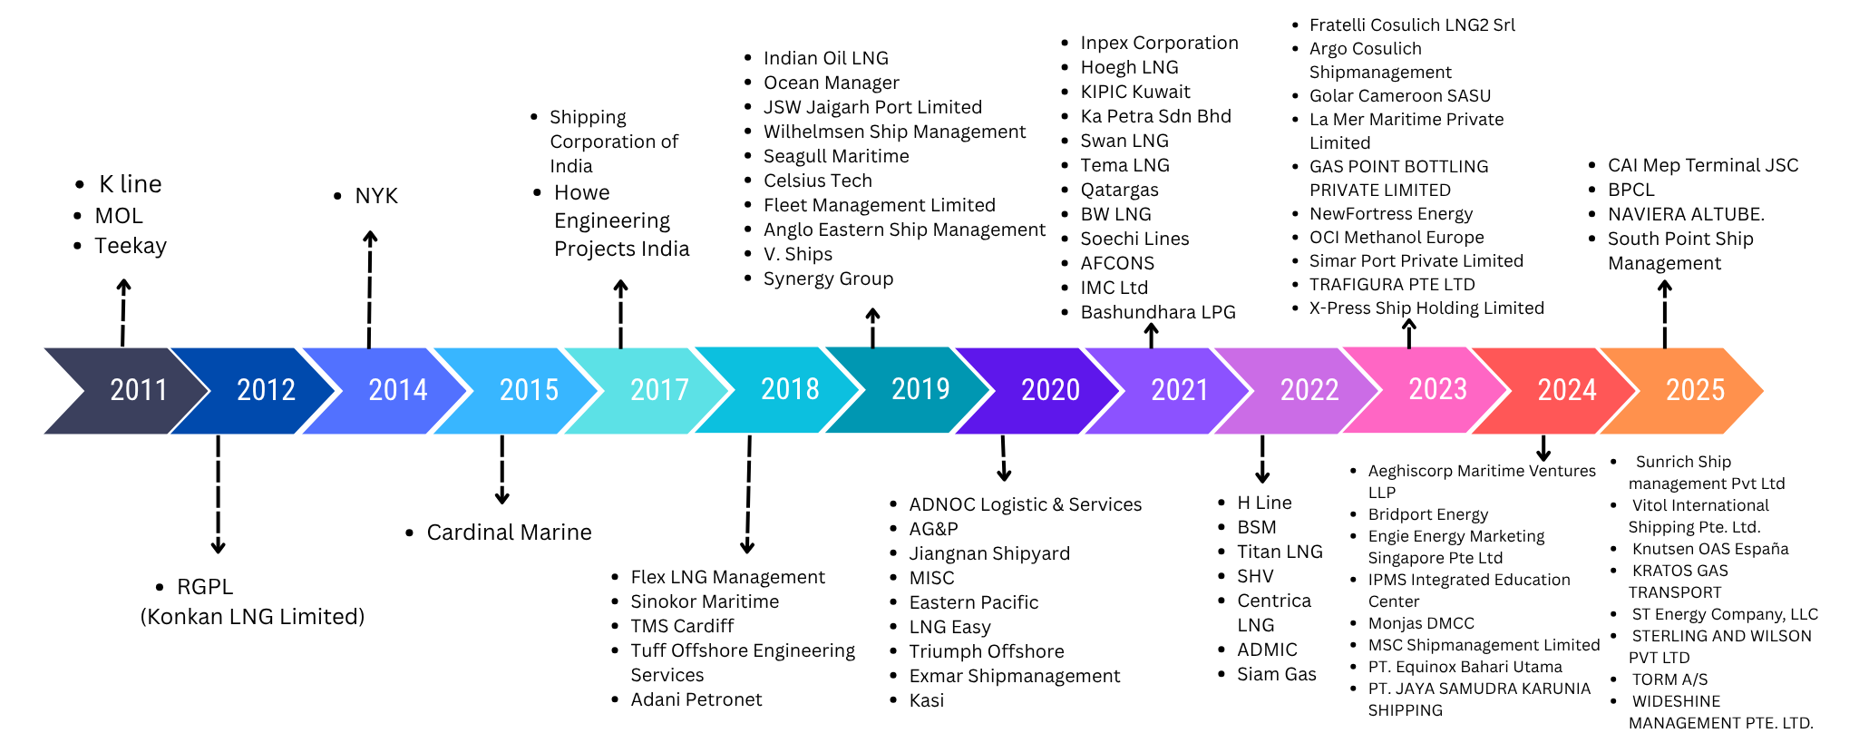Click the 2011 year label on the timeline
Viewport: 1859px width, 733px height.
pyautogui.click(x=139, y=390)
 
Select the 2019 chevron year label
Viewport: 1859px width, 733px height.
pyautogui.click(x=920, y=389)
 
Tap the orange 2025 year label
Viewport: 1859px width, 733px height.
pyautogui.click(x=1695, y=390)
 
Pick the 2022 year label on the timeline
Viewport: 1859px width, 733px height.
pyautogui.click(x=1309, y=390)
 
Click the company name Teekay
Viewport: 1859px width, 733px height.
pyautogui.click(x=131, y=246)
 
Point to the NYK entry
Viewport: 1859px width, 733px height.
pyautogui.click(x=376, y=196)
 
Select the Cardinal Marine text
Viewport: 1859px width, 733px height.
pyautogui.click(x=509, y=533)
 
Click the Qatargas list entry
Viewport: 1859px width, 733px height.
pyautogui.click(x=1119, y=190)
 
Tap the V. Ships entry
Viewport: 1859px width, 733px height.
pyautogui.click(x=798, y=254)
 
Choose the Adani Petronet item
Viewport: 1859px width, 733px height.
pyautogui.click(x=696, y=699)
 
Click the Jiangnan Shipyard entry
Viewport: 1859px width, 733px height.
pyautogui.click(x=989, y=553)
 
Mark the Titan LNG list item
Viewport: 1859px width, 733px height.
pyautogui.click(x=1280, y=552)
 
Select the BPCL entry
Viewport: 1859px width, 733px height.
pyautogui.click(x=1631, y=190)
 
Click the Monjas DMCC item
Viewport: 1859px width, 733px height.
pyautogui.click(x=1421, y=623)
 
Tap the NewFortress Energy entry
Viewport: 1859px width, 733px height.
pyautogui.click(x=1391, y=214)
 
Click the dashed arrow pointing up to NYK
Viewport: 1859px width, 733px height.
pyautogui.click(x=370, y=289)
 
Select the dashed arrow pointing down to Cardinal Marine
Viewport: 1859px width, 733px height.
pyautogui.click(x=501, y=470)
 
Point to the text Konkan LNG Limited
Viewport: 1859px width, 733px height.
pyautogui.click(x=252, y=617)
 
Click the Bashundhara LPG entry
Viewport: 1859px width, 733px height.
pyautogui.click(x=1158, y=312)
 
